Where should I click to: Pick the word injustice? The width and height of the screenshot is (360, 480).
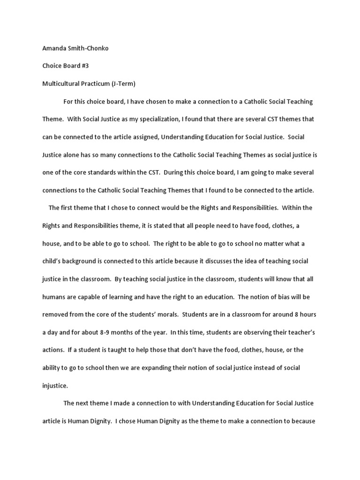point(55,386)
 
